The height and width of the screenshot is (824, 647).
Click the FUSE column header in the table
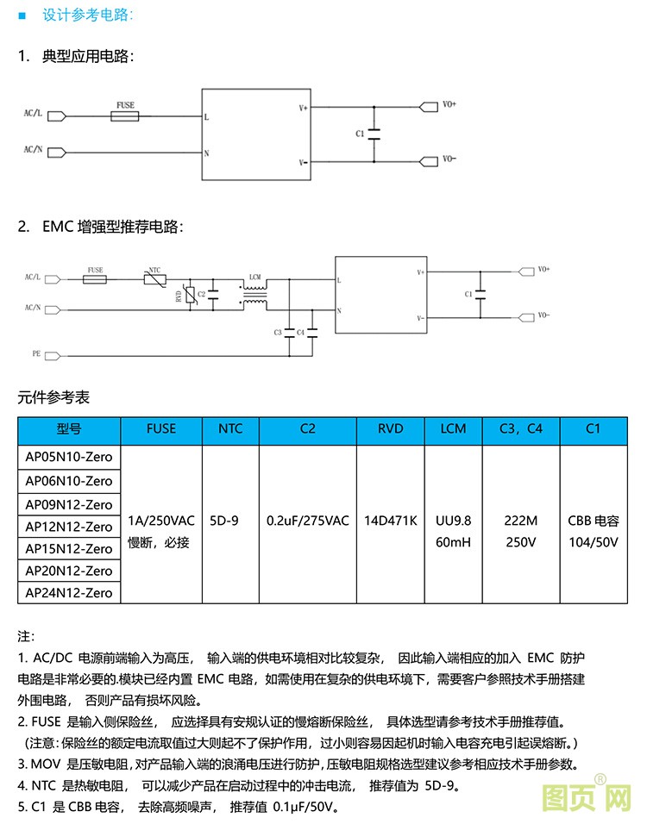161,428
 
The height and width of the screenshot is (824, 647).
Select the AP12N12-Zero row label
69,527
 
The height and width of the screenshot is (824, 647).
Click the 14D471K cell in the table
391,521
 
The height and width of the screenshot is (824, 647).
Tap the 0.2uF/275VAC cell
308,521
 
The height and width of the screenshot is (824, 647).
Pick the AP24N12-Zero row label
69,593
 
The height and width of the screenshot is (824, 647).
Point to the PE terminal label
36,353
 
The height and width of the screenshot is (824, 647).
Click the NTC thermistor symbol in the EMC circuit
154,279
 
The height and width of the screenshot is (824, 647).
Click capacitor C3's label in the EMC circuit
278,332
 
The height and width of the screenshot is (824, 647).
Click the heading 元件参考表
53,397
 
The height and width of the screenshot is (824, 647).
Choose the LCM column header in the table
453,428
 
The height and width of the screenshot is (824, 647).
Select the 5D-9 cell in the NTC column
229,521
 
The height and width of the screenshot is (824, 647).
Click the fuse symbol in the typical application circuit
126,115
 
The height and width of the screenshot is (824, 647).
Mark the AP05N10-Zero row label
69,457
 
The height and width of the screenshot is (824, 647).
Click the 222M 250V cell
521,532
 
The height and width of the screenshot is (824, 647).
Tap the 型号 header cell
69,428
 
